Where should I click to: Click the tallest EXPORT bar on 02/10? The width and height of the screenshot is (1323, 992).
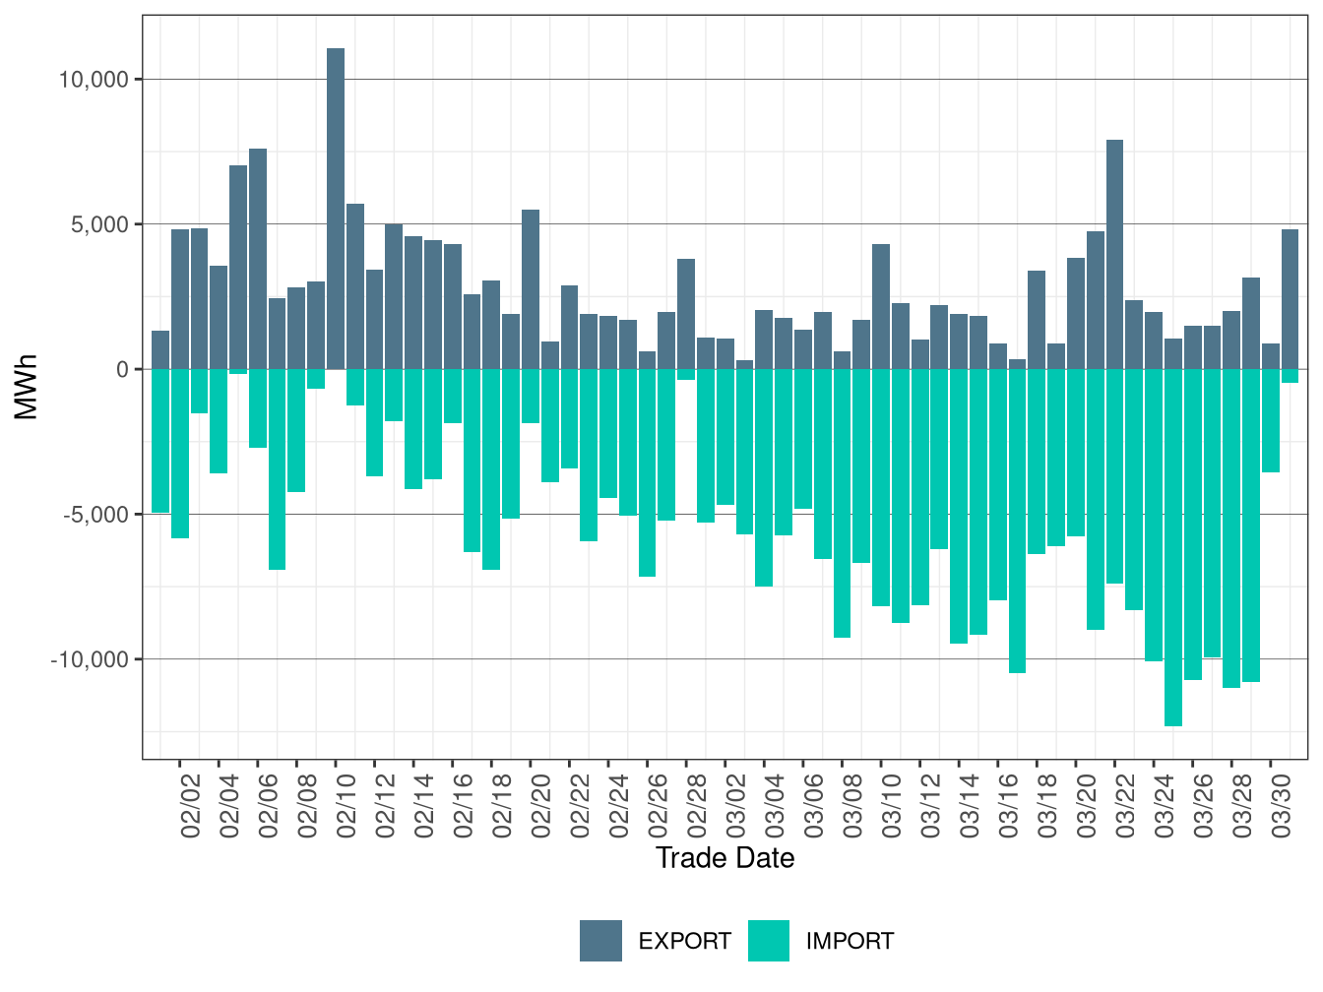[x=336, y=209]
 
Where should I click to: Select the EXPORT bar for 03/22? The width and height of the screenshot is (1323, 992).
[x=1115, y=254]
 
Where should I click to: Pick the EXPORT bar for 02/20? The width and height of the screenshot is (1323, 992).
[x=531, y=289]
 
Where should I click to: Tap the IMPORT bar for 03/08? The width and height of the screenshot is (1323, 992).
[x=842, y=503]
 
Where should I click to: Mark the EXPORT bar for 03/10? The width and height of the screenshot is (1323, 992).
[x=881, y=307]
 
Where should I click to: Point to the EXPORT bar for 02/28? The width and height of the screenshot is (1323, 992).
[x=686, y=314]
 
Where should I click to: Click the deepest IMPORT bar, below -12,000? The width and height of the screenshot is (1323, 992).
[x=1173, y=547]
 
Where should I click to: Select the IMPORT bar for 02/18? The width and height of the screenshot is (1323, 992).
[x=491, y=469]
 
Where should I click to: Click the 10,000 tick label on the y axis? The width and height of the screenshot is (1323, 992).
[x=94, y=80]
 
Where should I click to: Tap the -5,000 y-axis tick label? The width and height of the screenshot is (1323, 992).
[x=96, y=515]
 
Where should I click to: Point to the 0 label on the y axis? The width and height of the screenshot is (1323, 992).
[x=123, y=370]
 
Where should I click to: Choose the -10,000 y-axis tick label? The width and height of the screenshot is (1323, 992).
[x=90, y=660]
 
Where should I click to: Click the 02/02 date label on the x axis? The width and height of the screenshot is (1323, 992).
[x=190, y=805]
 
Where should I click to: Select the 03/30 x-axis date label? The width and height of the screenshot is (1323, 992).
[x=1281, y=805]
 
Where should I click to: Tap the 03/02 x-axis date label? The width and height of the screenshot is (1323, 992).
[x=736, y=805]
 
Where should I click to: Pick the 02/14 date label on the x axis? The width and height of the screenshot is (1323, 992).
[x=424, y=805]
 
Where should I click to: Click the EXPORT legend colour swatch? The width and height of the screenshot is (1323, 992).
[x=600, y=941]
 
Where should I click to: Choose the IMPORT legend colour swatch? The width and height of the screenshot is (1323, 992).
[x=769, y=941]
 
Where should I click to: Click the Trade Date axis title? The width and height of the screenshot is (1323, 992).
[x=725, y=858]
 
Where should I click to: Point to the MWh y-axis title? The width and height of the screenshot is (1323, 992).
[x=26, y=387]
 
